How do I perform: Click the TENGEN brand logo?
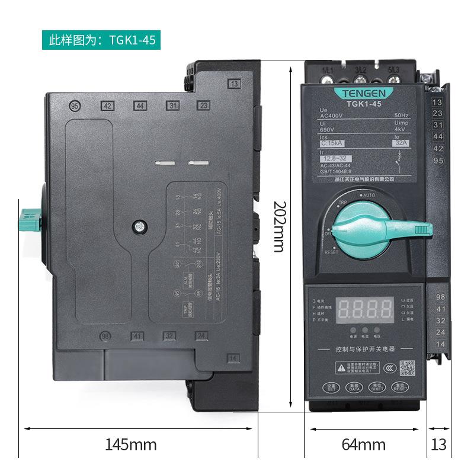(364, 93)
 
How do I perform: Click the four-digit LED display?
(365, 308)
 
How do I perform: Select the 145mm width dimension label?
(131, 444)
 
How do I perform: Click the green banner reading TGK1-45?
(101, 40)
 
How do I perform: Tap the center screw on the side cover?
(138, 226)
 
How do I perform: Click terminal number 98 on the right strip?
(440, 296)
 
